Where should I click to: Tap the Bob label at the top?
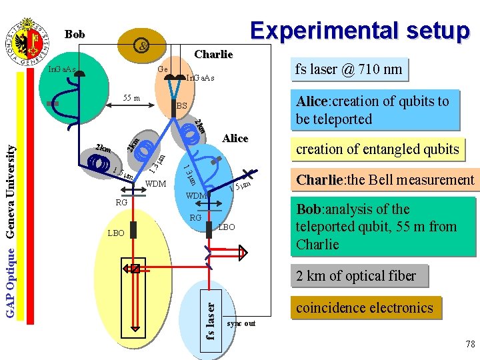tap(75, 33)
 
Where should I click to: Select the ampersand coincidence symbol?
tap(141, 46)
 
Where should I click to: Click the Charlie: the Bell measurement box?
tap(385, 179)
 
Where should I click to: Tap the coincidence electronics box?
tap(365, 307)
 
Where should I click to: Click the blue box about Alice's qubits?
tap(375, 110)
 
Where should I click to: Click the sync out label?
tap(241, 323)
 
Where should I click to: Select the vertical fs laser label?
tap(211, 321)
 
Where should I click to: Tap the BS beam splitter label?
tap(182, 106)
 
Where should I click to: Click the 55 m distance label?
tap(131, 99)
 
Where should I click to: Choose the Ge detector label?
tap(162, 69)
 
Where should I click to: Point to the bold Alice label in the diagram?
tap(235, 139)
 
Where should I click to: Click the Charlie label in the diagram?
tap(213, 54)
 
